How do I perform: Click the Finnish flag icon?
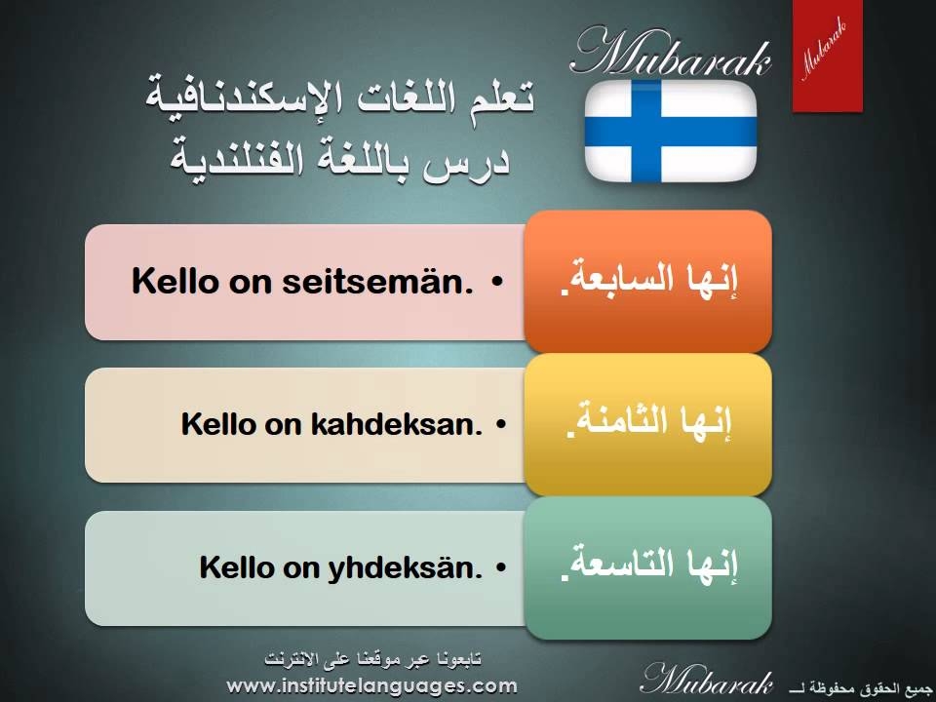coord(671,131)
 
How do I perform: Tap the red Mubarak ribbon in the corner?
coord(828,56)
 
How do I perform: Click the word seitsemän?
coord(378,281)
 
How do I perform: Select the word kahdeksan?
coord(397,424)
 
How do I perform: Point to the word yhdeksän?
coord(405,567)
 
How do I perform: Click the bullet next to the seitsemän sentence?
coord(497,282)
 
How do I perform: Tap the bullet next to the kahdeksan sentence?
coord(501,424)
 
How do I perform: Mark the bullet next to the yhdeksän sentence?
coord(501,567)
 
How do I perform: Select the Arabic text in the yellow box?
coord(649,421)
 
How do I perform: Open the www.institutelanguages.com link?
coord(371,685)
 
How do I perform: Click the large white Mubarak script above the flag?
coord(671,53)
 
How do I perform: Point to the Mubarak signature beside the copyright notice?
coord(707,680)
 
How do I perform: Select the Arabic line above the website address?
coord(373,659)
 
